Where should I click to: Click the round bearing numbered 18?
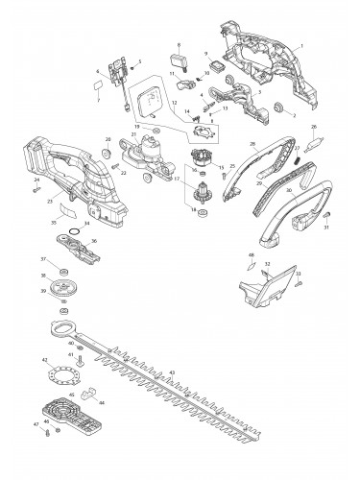[201, 213]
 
